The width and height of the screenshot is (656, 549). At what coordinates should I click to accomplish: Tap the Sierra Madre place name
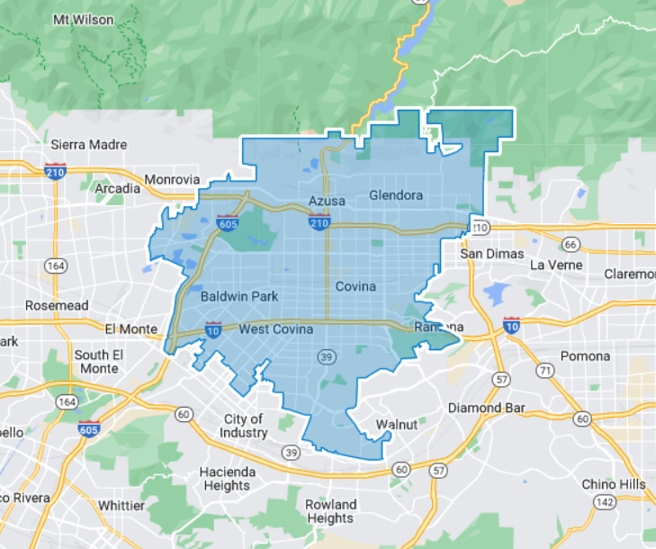point(88,144)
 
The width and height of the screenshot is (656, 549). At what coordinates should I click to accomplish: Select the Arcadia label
point(118,188)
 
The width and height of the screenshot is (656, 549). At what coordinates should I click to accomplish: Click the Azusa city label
point(327,200)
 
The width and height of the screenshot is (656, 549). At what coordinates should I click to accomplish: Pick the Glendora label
point(396,195)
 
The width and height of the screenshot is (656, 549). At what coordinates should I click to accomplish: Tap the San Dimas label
point(491,254)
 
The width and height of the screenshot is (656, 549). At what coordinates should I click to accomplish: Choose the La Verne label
point(557,265)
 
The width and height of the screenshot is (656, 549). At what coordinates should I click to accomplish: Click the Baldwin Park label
point(239,296)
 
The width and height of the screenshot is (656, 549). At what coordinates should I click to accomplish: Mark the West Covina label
point(275,329)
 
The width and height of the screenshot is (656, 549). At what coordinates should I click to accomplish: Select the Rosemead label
point(57,305)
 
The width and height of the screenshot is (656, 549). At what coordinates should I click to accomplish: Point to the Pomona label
point(585,355)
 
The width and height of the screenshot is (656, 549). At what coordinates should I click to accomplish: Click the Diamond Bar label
point(487,408)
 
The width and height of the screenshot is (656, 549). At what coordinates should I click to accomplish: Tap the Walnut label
point(397,424)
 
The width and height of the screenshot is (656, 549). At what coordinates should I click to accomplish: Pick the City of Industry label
point(244,426)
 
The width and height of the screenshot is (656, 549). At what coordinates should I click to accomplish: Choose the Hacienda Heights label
point(227,479)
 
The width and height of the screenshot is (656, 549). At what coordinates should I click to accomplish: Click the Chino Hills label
point(613,484)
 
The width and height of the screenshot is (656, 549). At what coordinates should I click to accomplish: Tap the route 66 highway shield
point(571,244)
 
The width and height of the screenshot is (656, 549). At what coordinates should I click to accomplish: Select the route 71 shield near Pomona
point(544,370)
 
